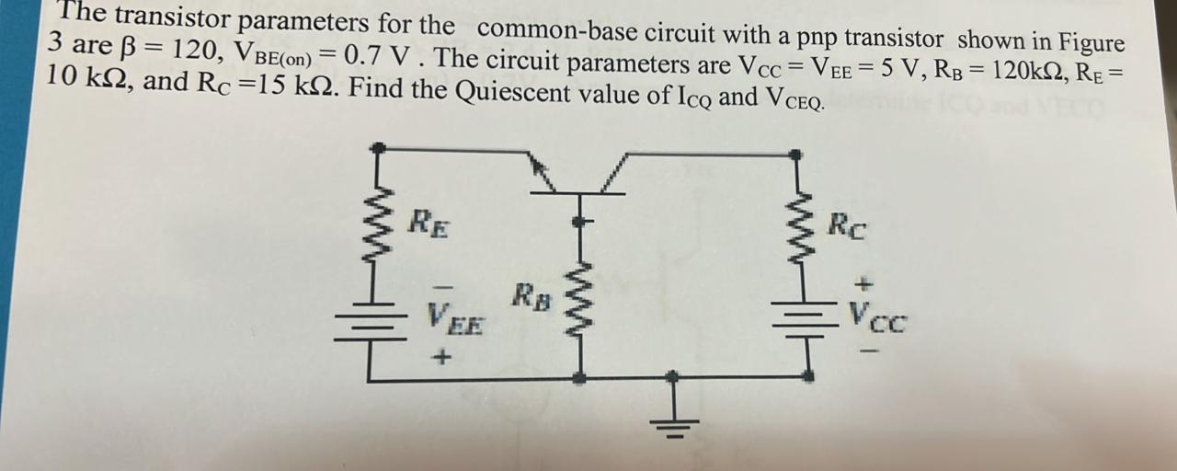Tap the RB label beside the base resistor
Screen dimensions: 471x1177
coord(531,297)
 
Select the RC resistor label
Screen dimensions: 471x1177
coord(846,225)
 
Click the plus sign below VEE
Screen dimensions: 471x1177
coord(442,357)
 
